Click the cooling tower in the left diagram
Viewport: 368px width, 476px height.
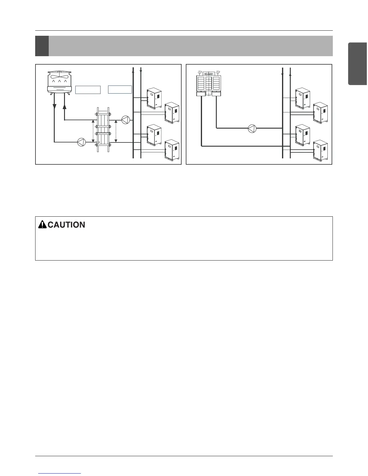[60, 82]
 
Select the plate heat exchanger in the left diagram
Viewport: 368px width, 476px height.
[103, 129]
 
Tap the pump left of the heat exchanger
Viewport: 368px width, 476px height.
[81, 142]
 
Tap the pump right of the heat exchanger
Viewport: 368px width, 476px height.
[126, 120]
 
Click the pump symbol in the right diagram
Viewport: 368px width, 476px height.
[252, 129]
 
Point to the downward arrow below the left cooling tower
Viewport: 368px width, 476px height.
[54, 107]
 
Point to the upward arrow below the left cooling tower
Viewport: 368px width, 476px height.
[65, 107]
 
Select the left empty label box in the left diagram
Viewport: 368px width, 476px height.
[88, 90]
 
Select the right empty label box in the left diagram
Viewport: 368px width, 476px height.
[120, 89]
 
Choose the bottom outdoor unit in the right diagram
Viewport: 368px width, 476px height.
[320, 151]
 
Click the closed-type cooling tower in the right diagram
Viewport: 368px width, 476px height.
[208, 84]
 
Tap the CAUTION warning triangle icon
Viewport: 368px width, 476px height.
[42, 224]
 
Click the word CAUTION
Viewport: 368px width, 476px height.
[66, 225]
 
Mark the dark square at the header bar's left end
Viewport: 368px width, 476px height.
[42, 46]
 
